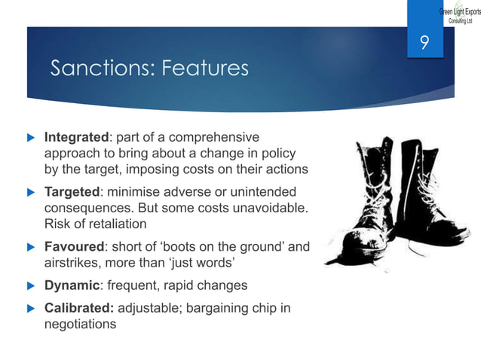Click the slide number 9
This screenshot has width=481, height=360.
[424, 44]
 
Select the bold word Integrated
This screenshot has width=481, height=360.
[77, 138]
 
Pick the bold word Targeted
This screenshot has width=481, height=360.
[73, 192]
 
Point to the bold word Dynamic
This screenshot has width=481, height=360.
[72, 286]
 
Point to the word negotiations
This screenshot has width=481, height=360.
[81, 325]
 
